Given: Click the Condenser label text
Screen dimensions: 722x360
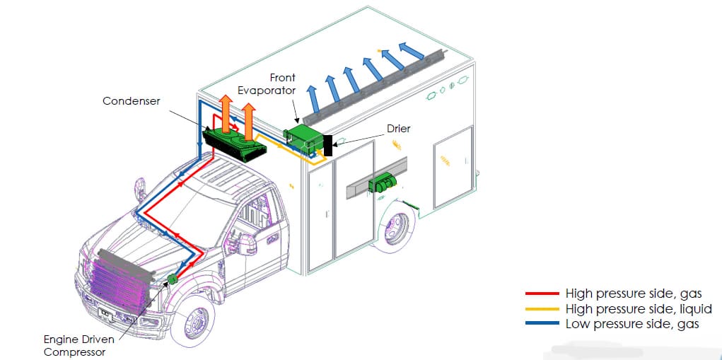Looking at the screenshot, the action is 132,101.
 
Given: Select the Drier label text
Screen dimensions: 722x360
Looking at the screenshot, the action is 398,129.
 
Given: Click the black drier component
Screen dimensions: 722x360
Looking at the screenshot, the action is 328,145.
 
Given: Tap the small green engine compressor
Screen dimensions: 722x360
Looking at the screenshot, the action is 173,279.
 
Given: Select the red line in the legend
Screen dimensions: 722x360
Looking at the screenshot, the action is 542,294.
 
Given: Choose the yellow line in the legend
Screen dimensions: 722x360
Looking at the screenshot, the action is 542,308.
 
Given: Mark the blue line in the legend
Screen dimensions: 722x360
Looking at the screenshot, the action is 542,324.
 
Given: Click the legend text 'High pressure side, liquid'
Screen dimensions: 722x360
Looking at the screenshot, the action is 639,309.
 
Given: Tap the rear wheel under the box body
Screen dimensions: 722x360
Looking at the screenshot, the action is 395,227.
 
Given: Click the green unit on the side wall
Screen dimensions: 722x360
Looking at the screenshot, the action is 382,183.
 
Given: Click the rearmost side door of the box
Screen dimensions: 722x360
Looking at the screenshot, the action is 453,168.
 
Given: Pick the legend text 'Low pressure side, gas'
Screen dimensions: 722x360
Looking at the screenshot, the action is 632,324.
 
